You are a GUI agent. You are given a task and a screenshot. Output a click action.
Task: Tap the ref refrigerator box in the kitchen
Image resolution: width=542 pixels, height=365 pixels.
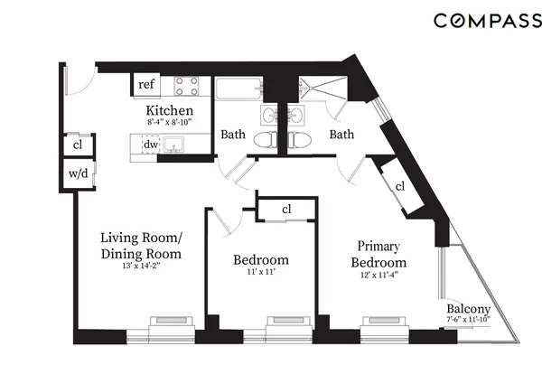[x=145, y=85]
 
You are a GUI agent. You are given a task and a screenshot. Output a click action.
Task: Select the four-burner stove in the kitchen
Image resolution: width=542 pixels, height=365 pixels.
[x=186, y=86]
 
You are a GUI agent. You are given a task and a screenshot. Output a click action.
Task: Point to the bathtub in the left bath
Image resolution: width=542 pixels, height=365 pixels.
[x=238, y=89]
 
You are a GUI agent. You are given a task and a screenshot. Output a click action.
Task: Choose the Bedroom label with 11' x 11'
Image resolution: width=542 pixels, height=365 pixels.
[x=261, y=260]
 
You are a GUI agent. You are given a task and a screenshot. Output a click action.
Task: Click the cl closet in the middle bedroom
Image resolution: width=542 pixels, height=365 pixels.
[x=286, y=209]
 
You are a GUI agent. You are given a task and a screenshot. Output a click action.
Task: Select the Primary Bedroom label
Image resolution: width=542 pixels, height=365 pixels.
[x=378, y=254]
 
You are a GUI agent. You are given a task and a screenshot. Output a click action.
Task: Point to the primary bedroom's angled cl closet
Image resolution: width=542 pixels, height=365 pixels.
[x=399, y=186]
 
